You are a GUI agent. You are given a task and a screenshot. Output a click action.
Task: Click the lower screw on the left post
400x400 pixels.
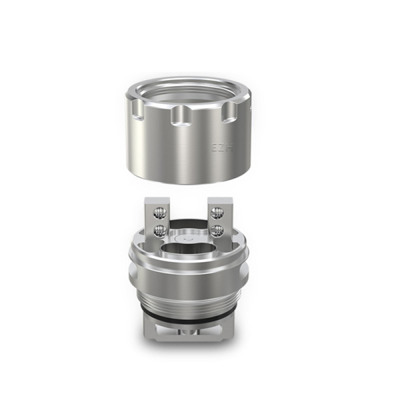click(161, 230)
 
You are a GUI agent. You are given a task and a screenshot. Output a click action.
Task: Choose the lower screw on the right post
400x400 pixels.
click(218, 230)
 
